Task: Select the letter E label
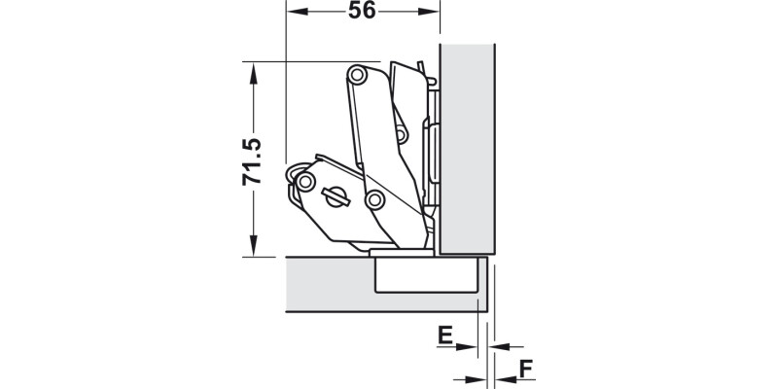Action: [444, 336]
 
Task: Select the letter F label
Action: [524, 369]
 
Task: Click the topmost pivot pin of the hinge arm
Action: [358, 75]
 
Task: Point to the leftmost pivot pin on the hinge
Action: [306, 182]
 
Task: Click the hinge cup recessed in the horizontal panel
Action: [425, 276]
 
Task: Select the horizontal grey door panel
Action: [331, 284]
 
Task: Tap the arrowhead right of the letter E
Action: [477, 346]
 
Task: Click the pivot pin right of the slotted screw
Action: [372, 200]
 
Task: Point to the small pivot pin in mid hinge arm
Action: [400, 134]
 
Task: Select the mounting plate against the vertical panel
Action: [435, 146]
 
